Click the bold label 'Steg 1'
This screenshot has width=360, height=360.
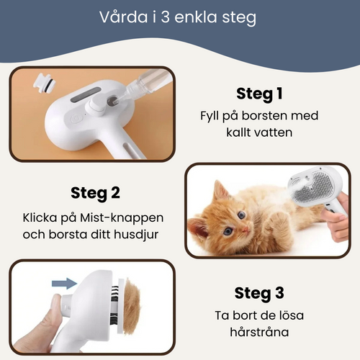259,94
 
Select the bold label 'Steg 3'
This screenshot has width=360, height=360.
259,293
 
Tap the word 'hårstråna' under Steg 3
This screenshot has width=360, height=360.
259,334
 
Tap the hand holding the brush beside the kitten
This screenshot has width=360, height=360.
338,227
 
